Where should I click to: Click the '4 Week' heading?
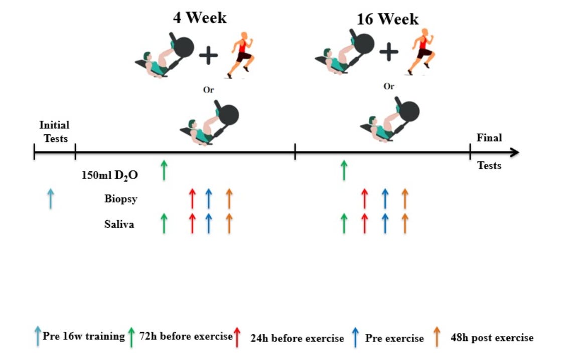[x=200, y=18]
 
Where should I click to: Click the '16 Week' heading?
[x=387, y=19]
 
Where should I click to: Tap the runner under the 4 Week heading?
[x=241, y=55]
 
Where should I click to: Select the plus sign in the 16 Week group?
[x=389, y=52]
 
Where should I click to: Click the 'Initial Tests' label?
[x=54, y=131]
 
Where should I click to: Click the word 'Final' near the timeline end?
[x=489, y=137]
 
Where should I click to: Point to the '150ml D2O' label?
[x=110, y=175]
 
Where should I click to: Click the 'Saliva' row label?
[x=119, y=225]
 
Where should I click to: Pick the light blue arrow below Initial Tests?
[x=50, y=198]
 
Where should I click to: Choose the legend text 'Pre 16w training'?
[x=83, y=336]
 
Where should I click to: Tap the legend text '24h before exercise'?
[x=297, y=338]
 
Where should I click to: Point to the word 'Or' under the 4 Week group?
[x=208, y=90]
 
